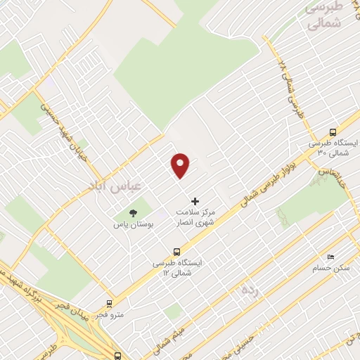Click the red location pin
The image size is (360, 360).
pyautogui.click(x=181, y=165)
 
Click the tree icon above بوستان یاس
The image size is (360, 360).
pyautogui.click(x=132, y=213)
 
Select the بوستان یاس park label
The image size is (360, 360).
pyautogui.click(x=132, y=225)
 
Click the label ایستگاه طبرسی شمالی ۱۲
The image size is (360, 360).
pyautogui.click(x=176, y=267)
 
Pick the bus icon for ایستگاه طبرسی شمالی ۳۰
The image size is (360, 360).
pyautogui.click(x=333, y=131)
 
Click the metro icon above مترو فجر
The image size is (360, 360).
pyautogui.click(x=109, y=304)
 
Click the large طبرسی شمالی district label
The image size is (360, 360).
pyautogui.click(x=324, y=15)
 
